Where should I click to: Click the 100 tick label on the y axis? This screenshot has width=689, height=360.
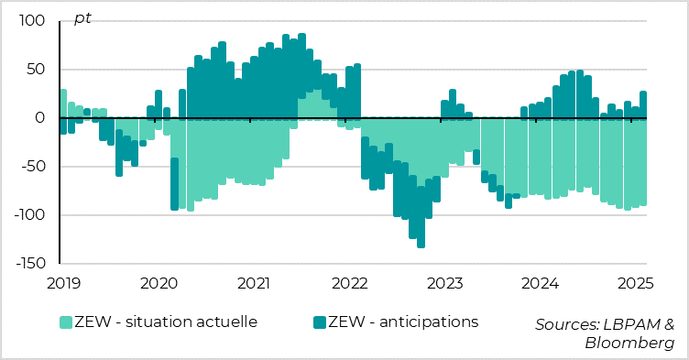click(32, 21)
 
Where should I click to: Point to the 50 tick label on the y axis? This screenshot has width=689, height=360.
click(36, 70)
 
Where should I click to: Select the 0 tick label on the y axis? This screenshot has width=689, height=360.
click(40, 118)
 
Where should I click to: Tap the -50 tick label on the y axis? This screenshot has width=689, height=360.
click(33, 167)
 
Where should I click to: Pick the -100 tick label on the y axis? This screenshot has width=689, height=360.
click(29, 215)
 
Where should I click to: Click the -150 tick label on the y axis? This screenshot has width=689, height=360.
click(29, 264)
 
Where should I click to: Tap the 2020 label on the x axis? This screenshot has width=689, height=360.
click(158, 282)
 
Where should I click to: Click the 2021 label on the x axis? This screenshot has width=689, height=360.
click(253, 282)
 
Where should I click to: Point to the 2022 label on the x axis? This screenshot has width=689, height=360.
click(348, 282)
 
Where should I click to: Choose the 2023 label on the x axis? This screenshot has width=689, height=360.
click(444, 282)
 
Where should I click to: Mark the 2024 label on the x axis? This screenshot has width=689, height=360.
click(540, 282)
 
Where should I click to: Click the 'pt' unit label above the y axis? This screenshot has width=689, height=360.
click(82, 18)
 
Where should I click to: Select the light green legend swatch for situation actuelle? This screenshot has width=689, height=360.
click(66, 322)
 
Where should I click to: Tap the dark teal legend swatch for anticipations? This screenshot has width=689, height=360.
click(320, 322)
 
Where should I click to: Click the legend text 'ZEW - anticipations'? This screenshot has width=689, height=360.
click(404, 322)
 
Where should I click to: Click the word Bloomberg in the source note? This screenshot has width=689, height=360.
click(629, 343)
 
